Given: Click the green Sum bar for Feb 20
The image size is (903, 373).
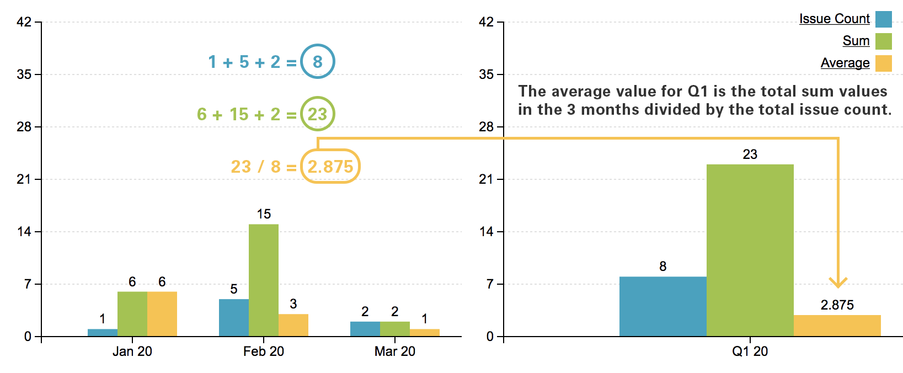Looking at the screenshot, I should coord(263,280).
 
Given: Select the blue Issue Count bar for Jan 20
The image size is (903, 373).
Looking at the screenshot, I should coord(103,333).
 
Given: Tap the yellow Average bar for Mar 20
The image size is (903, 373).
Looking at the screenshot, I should coord(424,333).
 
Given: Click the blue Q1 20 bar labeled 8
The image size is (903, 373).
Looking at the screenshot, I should coord(662,306).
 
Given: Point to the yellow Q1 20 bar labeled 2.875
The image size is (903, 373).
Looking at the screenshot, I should coord(837,326).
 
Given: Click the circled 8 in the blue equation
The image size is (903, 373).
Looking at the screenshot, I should coord(317,61).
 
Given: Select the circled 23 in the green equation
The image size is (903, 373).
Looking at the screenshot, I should coord(317,114).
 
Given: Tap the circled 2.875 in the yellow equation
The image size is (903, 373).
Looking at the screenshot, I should coord(330,166).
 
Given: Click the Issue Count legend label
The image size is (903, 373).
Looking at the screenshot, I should coord(834,19).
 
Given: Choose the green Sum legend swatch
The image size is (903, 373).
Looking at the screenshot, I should coord(883,41).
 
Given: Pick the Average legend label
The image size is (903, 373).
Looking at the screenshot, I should coord(845,63).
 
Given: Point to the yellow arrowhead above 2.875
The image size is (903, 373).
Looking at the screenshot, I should coord(838,283).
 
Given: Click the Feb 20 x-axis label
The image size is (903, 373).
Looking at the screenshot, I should coord(263,351).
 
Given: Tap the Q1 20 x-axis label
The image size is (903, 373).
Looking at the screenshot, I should coord(750,351).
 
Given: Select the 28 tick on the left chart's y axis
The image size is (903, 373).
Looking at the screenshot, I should coord(24,127).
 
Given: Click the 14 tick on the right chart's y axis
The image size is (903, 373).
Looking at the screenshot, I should coord(487,232).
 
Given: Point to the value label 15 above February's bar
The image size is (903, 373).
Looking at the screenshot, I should coord(264,214).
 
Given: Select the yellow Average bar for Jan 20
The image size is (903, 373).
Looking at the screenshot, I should coord(162,313).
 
